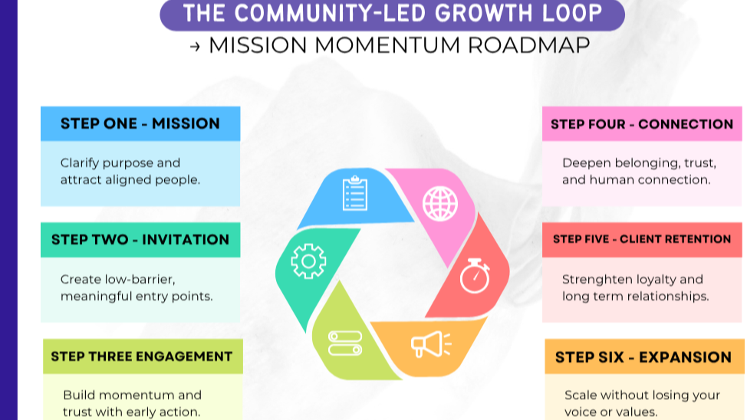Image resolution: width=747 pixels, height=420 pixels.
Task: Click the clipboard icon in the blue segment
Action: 354,193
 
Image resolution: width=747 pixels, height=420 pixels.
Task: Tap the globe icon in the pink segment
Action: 440,203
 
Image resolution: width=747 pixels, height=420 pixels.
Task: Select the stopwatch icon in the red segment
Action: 476,275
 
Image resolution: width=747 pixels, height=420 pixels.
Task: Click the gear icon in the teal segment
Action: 308,261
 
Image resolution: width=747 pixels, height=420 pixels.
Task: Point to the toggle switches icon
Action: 345,343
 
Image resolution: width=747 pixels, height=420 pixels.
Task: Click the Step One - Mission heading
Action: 140,123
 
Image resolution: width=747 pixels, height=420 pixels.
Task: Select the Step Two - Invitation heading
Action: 140,240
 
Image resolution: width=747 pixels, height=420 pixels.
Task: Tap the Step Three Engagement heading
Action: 142,356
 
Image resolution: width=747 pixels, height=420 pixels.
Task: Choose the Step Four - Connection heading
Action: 642,124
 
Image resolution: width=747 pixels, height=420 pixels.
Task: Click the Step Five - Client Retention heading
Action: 642,239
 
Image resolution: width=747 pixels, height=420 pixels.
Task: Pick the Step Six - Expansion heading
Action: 643,357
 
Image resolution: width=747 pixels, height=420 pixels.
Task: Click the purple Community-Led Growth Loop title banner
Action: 392,14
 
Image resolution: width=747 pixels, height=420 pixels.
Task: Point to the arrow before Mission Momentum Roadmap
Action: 195,46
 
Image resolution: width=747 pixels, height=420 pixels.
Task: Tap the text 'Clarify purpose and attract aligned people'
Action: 130,172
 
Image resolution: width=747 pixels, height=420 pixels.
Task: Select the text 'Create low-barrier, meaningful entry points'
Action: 137,287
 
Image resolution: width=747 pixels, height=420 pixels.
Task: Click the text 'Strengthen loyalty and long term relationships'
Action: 635,287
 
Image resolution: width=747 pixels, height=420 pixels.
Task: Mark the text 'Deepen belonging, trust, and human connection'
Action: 639,172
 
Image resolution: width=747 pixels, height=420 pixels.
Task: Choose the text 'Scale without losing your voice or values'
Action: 642,403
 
